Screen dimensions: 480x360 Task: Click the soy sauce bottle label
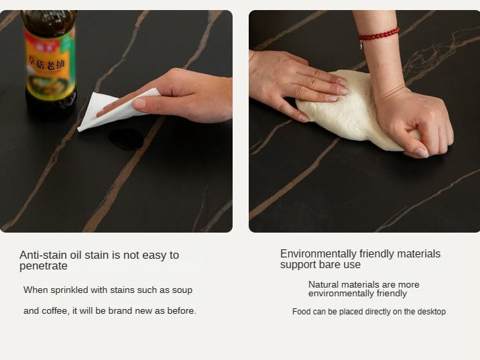click(x=50, y=64)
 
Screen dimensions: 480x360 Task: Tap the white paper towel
click(x=117, y=109)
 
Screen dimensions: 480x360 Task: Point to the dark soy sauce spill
click(x=127, y=139)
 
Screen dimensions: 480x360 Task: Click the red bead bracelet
click(x=379, y=35)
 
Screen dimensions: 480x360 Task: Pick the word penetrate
click(x=44, y=266)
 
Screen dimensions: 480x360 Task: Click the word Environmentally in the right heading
click(x=318, y=254)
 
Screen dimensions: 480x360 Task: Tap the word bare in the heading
click(x=329, y=265)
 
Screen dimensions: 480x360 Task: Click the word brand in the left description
click(x=120, y=310)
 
